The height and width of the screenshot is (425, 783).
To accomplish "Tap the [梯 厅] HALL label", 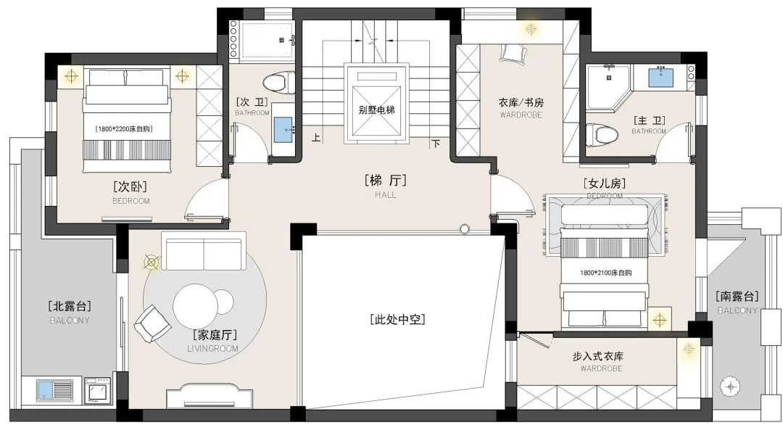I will (385, 181).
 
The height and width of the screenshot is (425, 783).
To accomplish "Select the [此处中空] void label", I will (396, 319).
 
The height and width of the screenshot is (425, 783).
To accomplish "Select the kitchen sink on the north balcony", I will (55, 390).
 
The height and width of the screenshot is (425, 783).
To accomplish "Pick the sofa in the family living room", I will (204, 252).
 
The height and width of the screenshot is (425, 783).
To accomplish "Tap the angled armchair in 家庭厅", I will (153, 323).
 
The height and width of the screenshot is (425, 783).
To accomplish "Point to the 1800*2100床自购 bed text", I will (605, 273).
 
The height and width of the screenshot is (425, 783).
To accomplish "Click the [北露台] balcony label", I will (70, 307).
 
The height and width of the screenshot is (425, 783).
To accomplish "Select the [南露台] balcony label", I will (737, 297).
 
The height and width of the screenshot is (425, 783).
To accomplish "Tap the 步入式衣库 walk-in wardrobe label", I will (598, 356).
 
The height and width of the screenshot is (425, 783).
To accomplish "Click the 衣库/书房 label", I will (521, 102).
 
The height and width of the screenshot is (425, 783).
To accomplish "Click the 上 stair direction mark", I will (316, 137).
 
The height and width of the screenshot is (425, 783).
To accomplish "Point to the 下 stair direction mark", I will (436, 144).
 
